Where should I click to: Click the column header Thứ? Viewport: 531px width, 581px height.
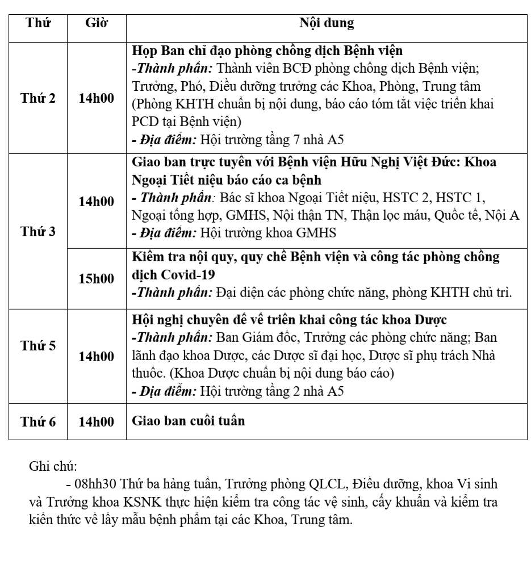(38, 23)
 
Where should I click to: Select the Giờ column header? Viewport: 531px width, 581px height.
(96, 23)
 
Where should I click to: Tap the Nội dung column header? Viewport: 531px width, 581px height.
(326, 23)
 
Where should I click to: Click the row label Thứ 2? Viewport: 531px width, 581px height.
(38, 98)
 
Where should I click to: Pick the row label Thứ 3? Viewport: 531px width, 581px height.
(38, 232)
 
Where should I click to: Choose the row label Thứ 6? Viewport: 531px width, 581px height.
(38, 421)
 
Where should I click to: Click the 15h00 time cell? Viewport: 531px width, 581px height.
(96, 279)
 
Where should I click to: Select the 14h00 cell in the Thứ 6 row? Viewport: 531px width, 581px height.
(96, 421)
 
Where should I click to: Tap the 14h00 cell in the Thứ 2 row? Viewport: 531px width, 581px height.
(96, 98)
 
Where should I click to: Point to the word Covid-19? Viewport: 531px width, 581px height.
(173, 275)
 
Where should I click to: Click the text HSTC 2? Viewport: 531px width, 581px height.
(404, 198)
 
